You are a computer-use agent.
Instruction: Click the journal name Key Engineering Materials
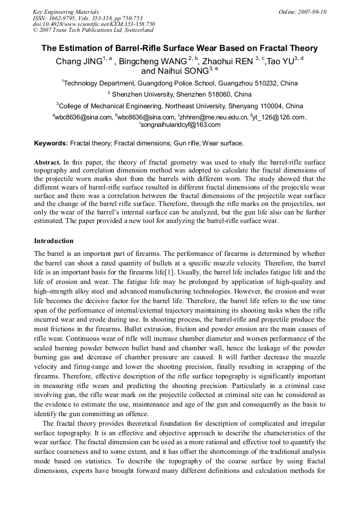click(66, 12)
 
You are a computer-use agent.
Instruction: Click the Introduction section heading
click(54, 241)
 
